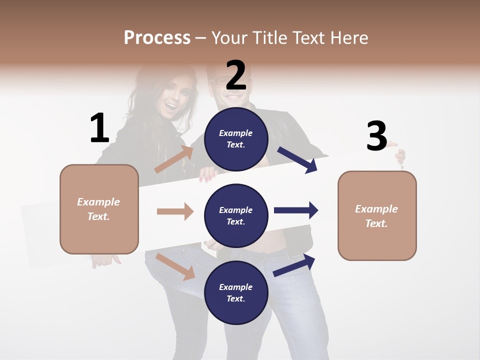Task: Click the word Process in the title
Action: [157, 37]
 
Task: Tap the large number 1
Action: [99, 128]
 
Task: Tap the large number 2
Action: [236, 75]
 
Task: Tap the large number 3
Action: [376, 136]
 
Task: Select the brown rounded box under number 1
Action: [99, 209]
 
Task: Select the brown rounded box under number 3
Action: [377, 215]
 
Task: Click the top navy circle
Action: [236, 139]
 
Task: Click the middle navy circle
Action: [236, 215]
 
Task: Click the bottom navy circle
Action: [236, 292]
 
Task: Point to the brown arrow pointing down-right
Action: [175, 266]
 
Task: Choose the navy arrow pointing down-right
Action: [298, 160]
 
